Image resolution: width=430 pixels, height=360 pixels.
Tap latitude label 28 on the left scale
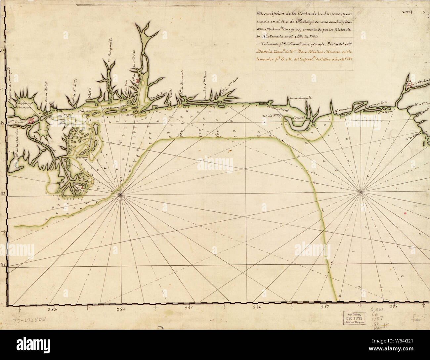(2, 264)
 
